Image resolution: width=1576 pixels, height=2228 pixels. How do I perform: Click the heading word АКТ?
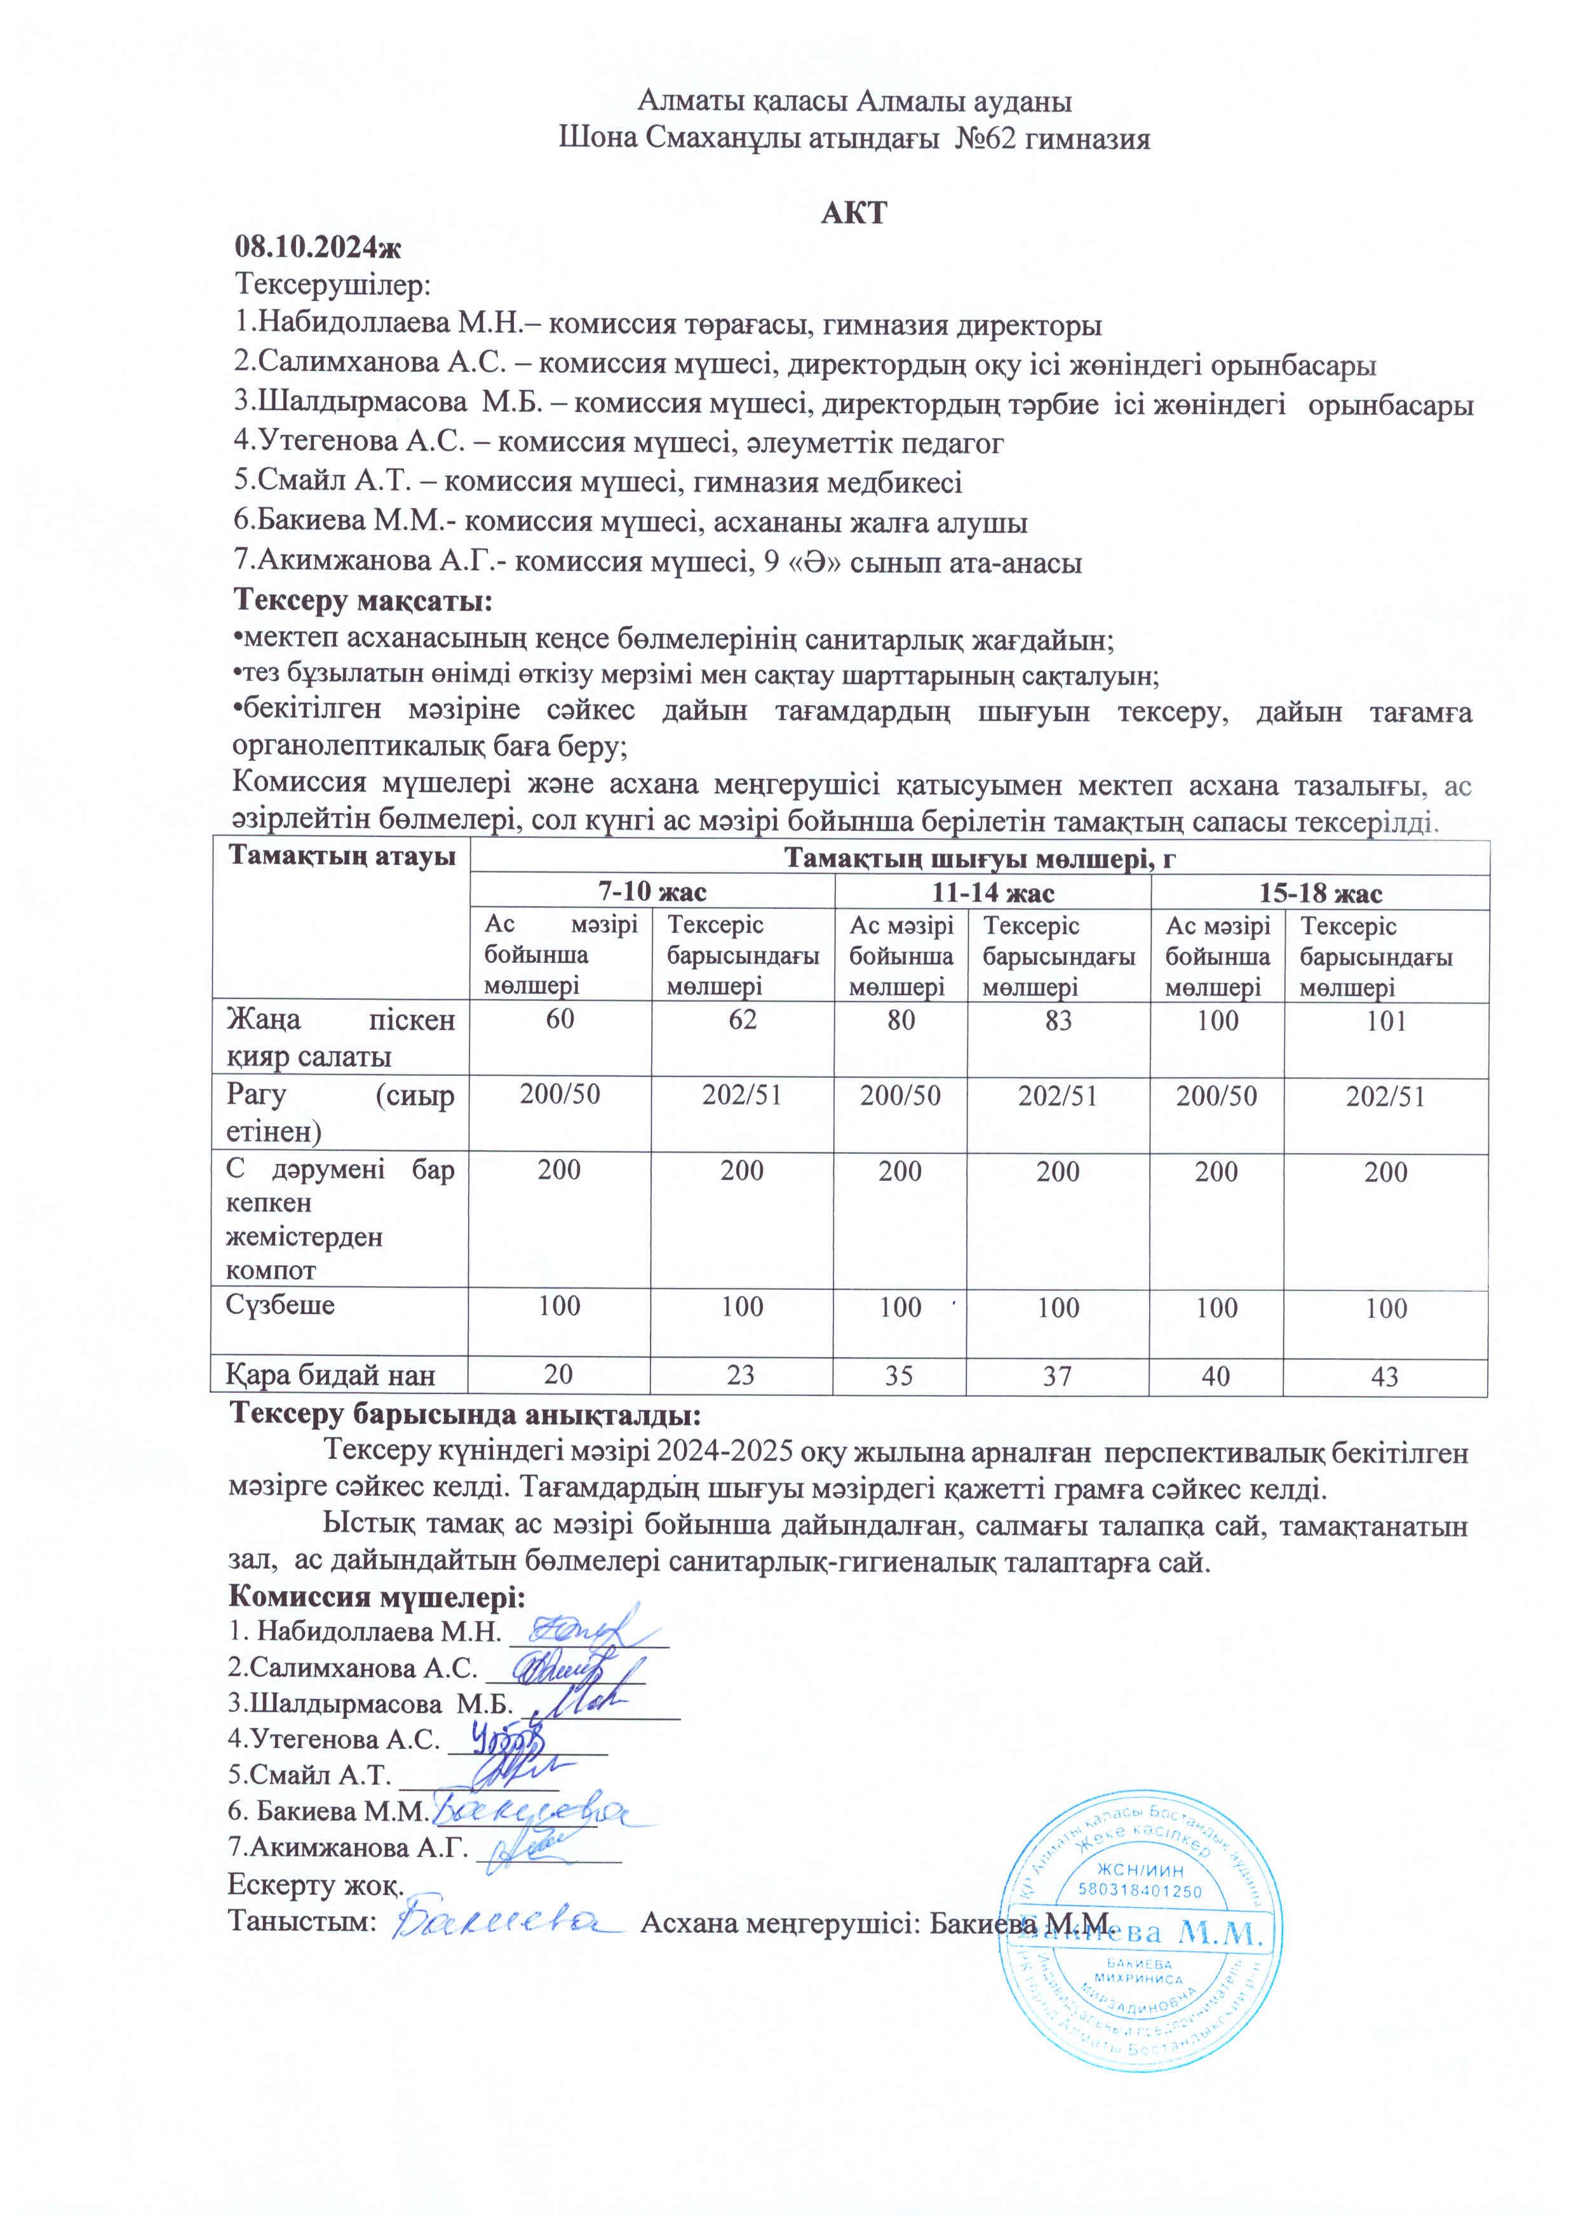click(853, 213)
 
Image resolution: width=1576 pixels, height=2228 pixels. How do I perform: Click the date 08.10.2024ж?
click(318, 248)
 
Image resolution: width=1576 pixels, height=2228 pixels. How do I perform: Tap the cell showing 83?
click(1058, 1020)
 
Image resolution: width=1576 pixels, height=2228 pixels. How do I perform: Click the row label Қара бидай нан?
click(330, 1375)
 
